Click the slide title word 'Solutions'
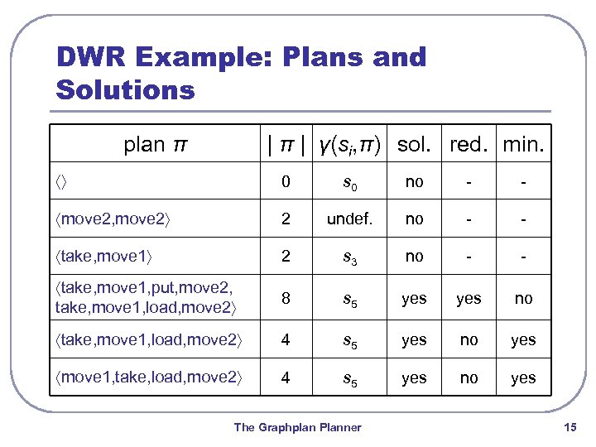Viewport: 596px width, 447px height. (x=125, y=89)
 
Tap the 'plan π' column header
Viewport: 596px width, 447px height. (x=154, y=145)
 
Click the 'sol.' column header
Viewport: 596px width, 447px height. (x=413, y=146)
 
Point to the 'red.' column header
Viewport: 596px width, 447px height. (x=469, y=146)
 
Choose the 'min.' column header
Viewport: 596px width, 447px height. (x=523, y=146)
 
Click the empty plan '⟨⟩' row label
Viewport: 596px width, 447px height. (x=64, y=182)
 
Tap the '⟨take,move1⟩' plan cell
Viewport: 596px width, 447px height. (x=104, y=257)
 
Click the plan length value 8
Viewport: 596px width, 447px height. (x=286, y=299)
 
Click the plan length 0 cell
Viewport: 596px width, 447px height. (x=286, y=182)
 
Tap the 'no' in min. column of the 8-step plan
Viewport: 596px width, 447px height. (x=523, y=299)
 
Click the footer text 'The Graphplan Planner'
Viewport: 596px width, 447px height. (x=297, y=427)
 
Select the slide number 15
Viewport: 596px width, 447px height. (x=569, y=427)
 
